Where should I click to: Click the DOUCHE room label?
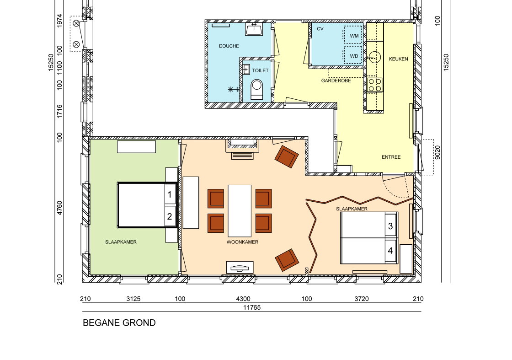(229, 46)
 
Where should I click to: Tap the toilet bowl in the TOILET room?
(256, 89)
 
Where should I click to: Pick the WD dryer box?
(353, 55)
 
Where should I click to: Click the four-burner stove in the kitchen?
(375, 85)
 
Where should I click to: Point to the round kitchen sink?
(375, 57)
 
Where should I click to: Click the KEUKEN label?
(398, 59)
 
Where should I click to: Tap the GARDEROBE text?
(336, 81)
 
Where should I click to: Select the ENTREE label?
(391, 157)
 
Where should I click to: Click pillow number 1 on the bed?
(170, 195)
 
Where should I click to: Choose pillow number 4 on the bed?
(390, 251)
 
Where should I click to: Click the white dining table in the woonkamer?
(240, 211)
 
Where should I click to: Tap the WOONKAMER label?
(242, 242)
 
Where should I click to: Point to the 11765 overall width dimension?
(252, 307)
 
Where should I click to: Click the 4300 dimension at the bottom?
(243, 299)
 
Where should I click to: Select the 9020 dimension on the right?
(437, 152)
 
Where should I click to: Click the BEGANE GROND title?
(119, 323)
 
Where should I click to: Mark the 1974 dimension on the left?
(59, 20)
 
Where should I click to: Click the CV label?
(320, 29)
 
